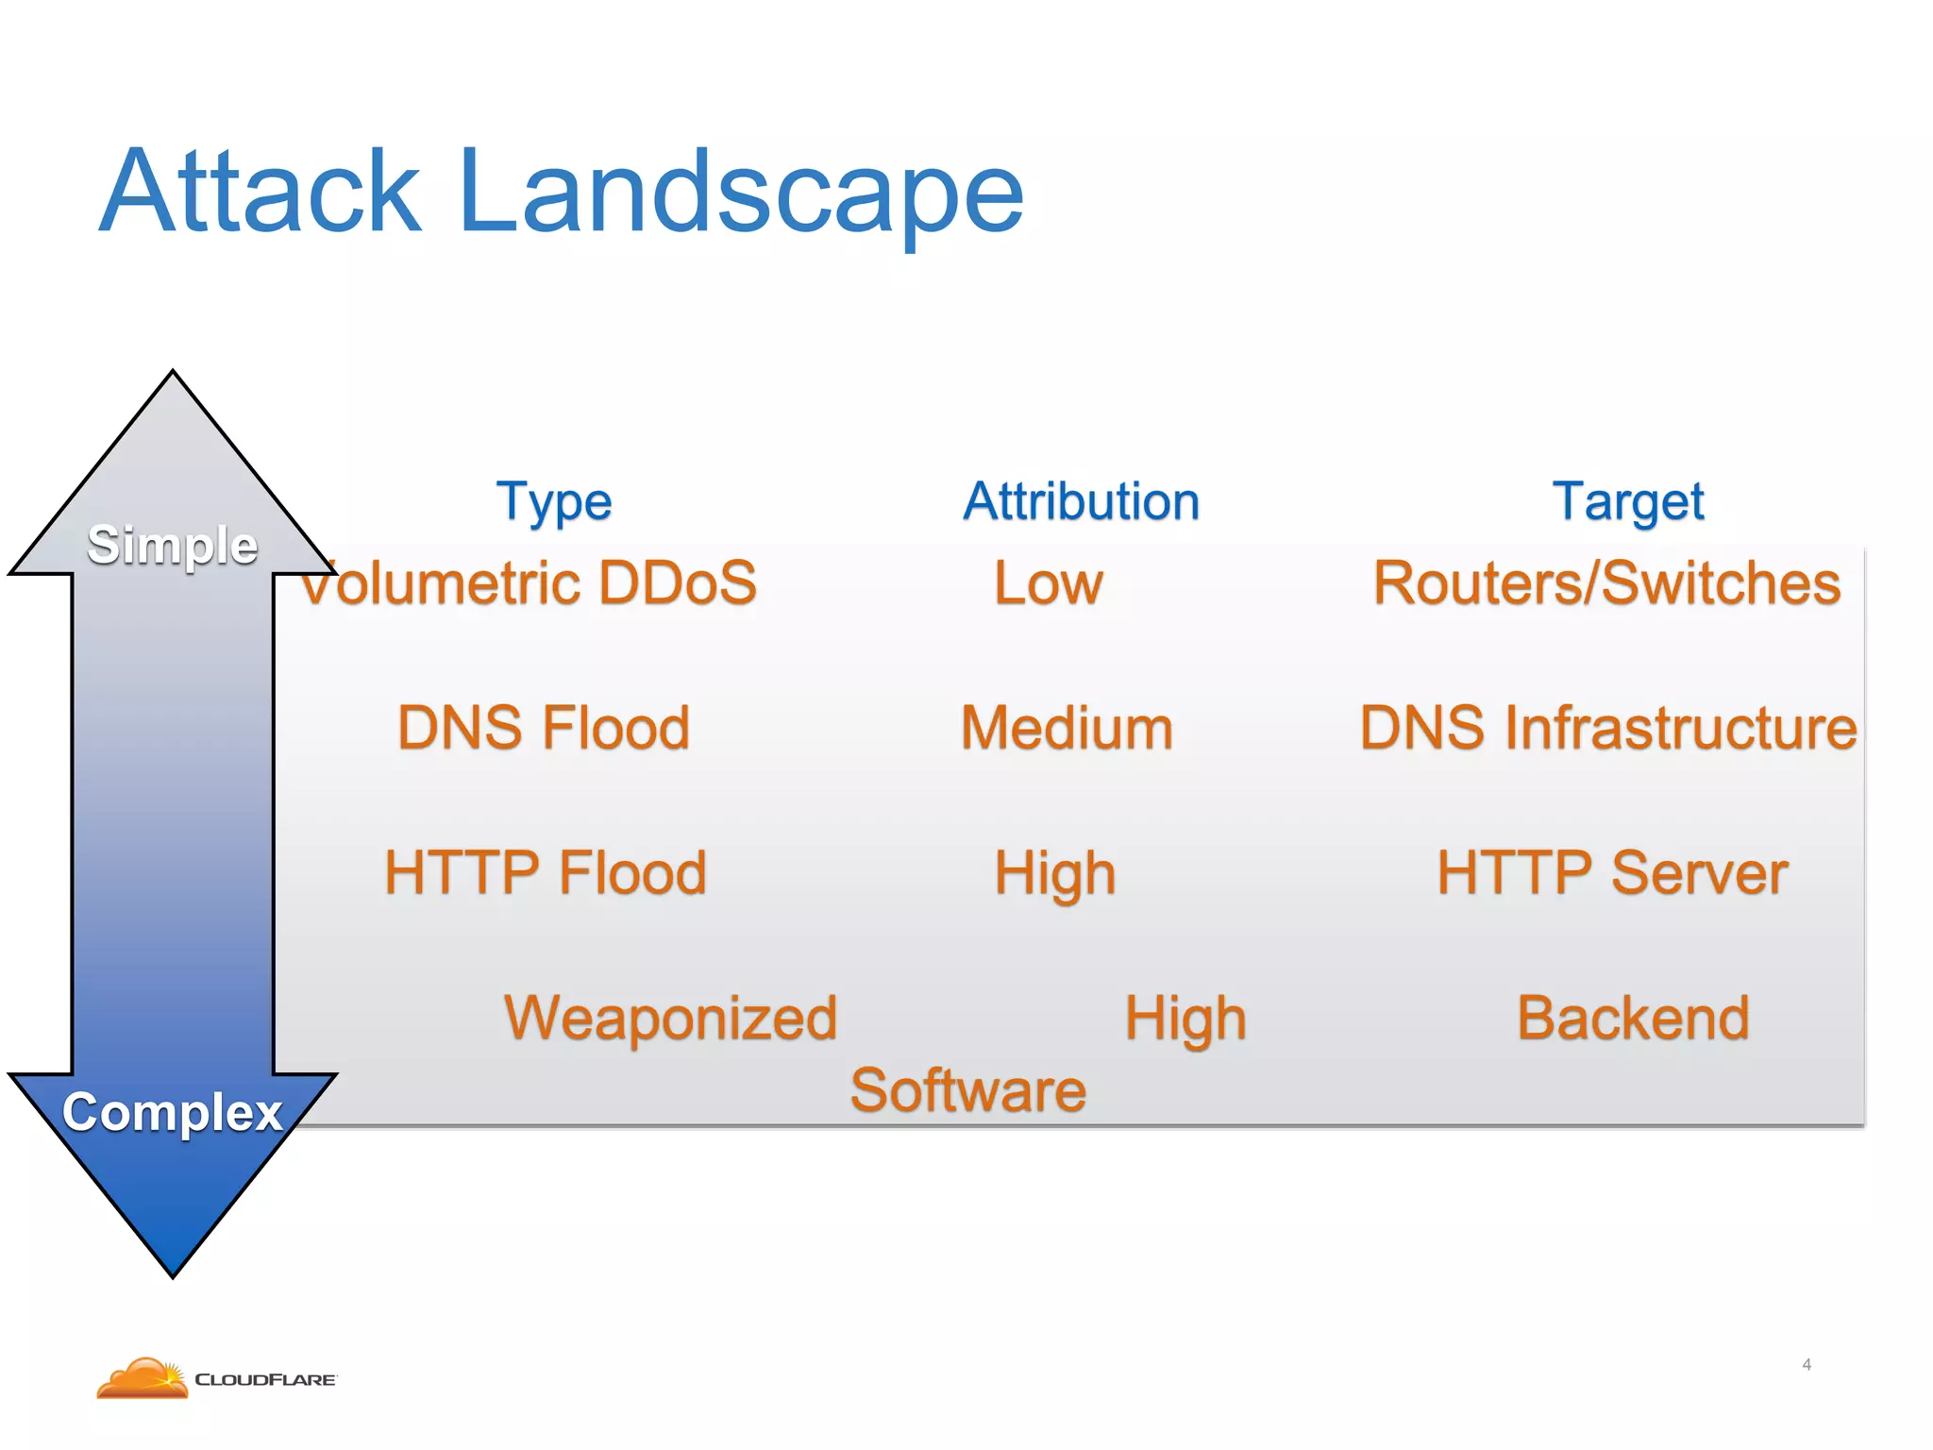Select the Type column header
[554, 501]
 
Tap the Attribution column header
[1081, 501]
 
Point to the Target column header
[1627, 501]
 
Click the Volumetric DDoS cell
[529, 582]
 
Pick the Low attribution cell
[1048, 583]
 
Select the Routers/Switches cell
[1606, 582]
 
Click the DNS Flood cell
[544, 728]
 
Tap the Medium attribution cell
[1067, 729]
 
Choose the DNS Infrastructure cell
[1608, 728]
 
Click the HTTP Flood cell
[545, 872]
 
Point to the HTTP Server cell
[1612, 872]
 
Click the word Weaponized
[670, 1019]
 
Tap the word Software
[968, 1090]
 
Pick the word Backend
[1633, 1019]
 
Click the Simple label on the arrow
[173, 546]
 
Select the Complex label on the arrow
[173, 1112]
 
